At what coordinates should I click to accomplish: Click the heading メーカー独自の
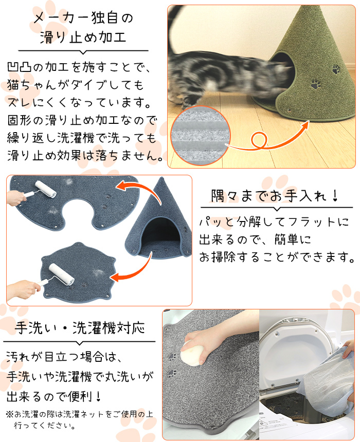tap(83, 17)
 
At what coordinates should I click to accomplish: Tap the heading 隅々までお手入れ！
tap(275, 195)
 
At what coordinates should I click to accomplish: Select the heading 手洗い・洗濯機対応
tap(80, 328)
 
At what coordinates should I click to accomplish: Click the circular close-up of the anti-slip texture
tap(201, 135)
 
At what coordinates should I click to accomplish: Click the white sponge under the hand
tap(192, 353)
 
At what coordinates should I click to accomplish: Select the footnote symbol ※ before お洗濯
tap(10, 414)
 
